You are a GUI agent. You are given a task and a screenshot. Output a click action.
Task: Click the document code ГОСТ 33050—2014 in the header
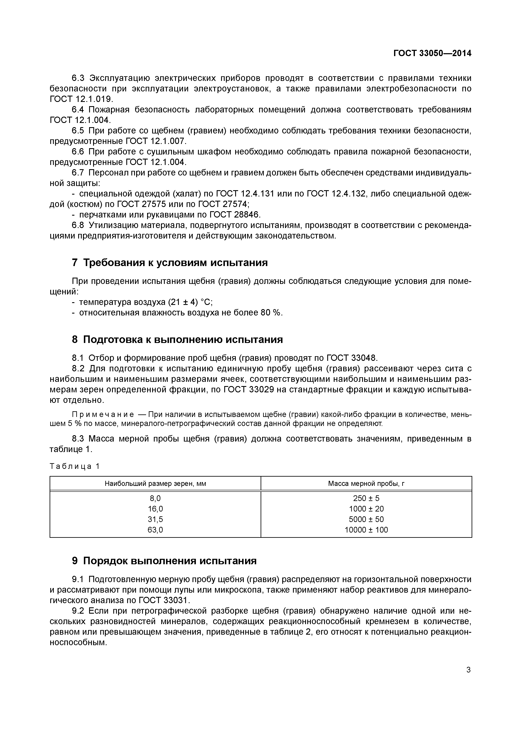(432, 53)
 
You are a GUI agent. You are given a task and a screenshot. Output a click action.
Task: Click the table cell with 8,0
(155, 498)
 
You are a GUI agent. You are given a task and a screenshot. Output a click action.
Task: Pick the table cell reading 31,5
(155, 519)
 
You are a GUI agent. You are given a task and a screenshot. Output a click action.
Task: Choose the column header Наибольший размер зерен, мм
(155, 483)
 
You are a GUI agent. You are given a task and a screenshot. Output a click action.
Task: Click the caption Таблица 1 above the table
(74, 466)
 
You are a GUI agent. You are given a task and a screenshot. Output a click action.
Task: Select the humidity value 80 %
(272, 313)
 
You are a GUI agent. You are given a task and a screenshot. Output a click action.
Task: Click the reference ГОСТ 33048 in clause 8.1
(352, 358)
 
